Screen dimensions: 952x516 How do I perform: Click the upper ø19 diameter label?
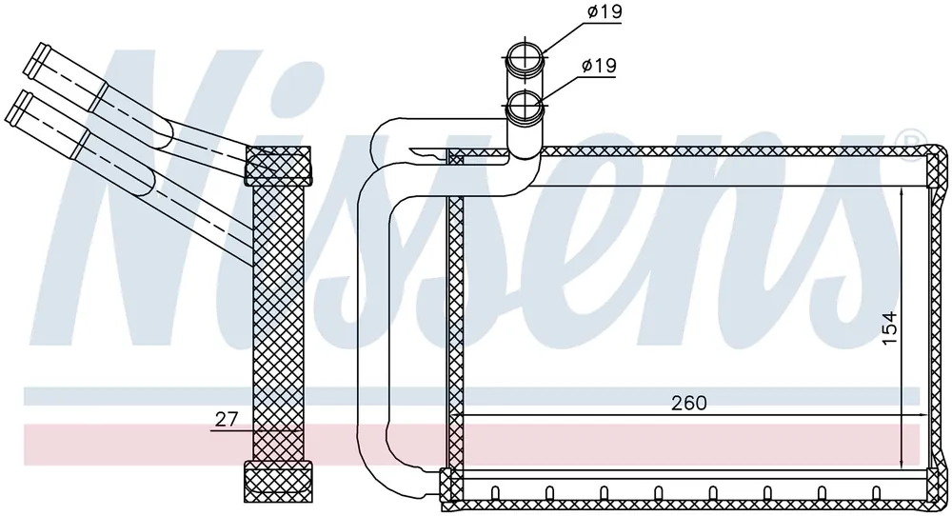point(605,11)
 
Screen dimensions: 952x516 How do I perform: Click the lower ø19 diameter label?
point(599,65)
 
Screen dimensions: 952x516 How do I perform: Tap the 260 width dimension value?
point(689,403)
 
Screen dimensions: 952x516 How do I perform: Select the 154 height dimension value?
point(889,328)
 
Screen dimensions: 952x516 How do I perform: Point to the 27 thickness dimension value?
point(226,419)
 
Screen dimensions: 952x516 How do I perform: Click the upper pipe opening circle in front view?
point(526,58)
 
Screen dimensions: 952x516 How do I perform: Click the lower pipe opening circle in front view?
point(526,107)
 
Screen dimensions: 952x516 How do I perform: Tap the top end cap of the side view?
point(277,165)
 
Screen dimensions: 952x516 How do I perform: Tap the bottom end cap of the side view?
point(278,482)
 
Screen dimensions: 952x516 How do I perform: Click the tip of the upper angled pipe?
point(35,59)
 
